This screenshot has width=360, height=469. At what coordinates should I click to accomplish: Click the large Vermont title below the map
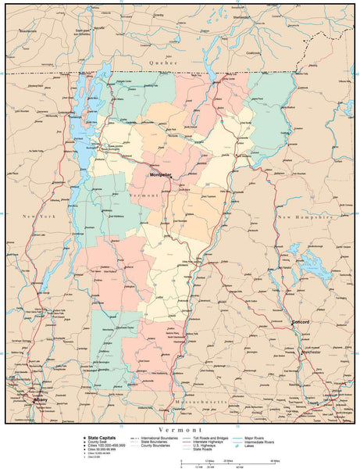180,430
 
